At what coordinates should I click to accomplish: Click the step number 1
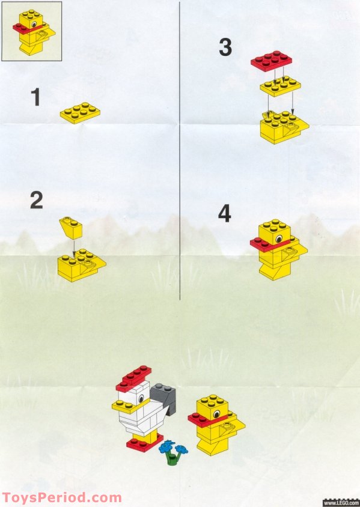pyautogui.click(x=36, y=97)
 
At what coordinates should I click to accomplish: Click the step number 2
pyautogui.click(x=37, y=200)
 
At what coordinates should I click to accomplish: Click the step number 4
pyautogui.click(x=224, y=214)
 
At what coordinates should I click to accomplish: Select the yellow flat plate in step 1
pyautogui.click(x=80, y=113)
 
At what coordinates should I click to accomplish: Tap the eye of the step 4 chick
pyautogui.click(x=279, y=238)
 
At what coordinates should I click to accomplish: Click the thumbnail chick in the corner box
pyautogui.click(x=31, y=31)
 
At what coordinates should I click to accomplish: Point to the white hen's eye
pyautogui.click(x=141, y=397)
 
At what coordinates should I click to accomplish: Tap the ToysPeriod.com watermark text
pyautogui.click(x=61, y=498)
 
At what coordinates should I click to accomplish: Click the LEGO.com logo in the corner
pyautogui.click(x=341, y=501)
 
